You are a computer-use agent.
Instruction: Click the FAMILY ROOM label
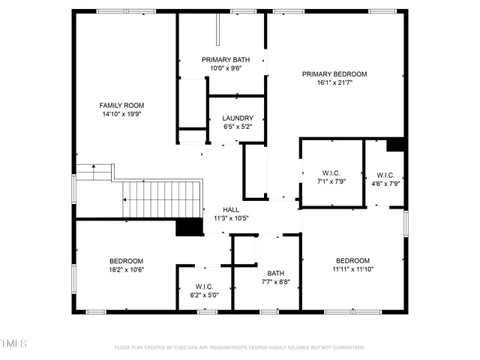pos(122,105)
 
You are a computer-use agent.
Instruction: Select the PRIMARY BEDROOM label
pos(334,73)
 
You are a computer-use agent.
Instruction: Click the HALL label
pos(231,209)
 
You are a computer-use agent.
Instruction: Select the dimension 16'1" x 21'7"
pos(334,82)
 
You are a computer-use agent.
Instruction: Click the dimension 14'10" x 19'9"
pos(122,115)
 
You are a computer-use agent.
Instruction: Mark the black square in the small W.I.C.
pos(395,145)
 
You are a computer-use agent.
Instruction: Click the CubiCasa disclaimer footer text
pos(239,347)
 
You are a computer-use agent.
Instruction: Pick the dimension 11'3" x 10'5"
pos(231,218)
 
